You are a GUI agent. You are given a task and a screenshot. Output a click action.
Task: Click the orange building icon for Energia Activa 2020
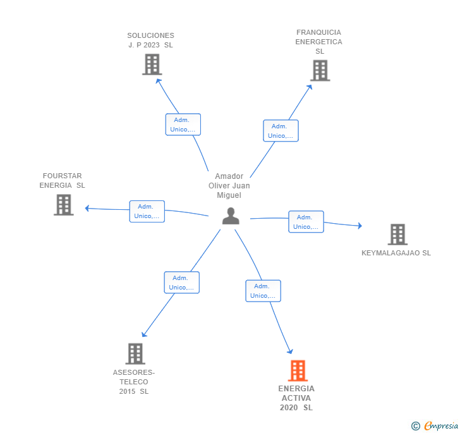tap(298, 370)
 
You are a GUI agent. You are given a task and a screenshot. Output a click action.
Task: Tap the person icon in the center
tap(231, 216)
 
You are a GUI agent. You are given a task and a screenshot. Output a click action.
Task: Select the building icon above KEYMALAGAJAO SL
tap(397, 235)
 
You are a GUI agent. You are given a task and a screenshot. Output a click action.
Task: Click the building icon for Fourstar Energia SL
tap(64, 205)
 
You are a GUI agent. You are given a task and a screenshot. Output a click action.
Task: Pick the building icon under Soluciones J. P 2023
tap(152, 64)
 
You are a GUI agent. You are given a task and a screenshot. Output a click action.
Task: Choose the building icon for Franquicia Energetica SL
tap(320, 70)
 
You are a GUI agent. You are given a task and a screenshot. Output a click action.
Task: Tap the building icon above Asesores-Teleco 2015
tap(135, 354)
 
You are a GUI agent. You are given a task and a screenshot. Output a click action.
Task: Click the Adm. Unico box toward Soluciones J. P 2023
tap(183, 125)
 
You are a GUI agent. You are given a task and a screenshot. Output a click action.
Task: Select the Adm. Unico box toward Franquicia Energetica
tap(281, 131)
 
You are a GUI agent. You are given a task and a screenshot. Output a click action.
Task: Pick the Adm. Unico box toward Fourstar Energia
tap(147, 211)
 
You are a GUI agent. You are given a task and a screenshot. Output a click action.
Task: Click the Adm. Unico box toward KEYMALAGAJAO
tap(306, 222)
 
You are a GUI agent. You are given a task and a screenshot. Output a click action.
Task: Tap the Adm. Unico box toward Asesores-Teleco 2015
tap(181, 283)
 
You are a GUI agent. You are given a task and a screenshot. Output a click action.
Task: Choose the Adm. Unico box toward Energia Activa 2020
tap(263, 291)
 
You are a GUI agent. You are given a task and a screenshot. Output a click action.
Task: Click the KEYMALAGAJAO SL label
tap(396, 253)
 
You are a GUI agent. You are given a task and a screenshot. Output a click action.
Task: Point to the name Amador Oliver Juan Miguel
tap(229, 186)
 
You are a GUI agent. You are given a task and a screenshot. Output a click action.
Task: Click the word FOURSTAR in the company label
tap(62, 176)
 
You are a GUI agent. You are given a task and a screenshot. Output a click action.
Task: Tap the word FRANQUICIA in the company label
tap(318, 32)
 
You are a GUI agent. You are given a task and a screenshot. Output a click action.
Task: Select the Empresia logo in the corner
tap(435, 425)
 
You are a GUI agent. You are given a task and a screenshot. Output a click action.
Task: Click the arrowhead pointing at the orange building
tap(291, 351)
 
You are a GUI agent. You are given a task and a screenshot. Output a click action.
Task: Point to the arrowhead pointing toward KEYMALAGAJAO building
tap(360, 226)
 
